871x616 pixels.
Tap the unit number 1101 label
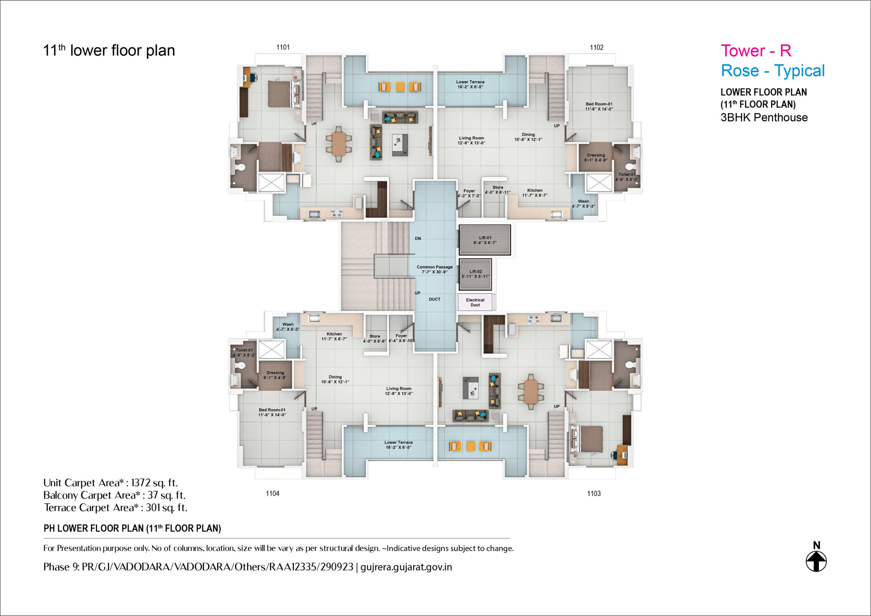[283, 47]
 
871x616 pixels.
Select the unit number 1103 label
[594, 494]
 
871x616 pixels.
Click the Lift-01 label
[485, 238]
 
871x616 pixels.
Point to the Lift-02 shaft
[475, 274]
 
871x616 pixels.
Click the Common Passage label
[435, 267]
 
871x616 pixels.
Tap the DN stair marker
[418, 238]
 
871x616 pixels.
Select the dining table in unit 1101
[339, 144]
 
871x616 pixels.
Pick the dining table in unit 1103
[531, 392]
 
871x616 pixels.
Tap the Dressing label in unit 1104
[275, 373]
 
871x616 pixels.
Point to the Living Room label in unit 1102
[471, 138]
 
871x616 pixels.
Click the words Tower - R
[756, 51]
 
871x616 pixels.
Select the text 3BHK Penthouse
[764, 118]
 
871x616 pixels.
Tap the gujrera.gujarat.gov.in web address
[406, 567]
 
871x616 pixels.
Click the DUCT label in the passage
[435, 299]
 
